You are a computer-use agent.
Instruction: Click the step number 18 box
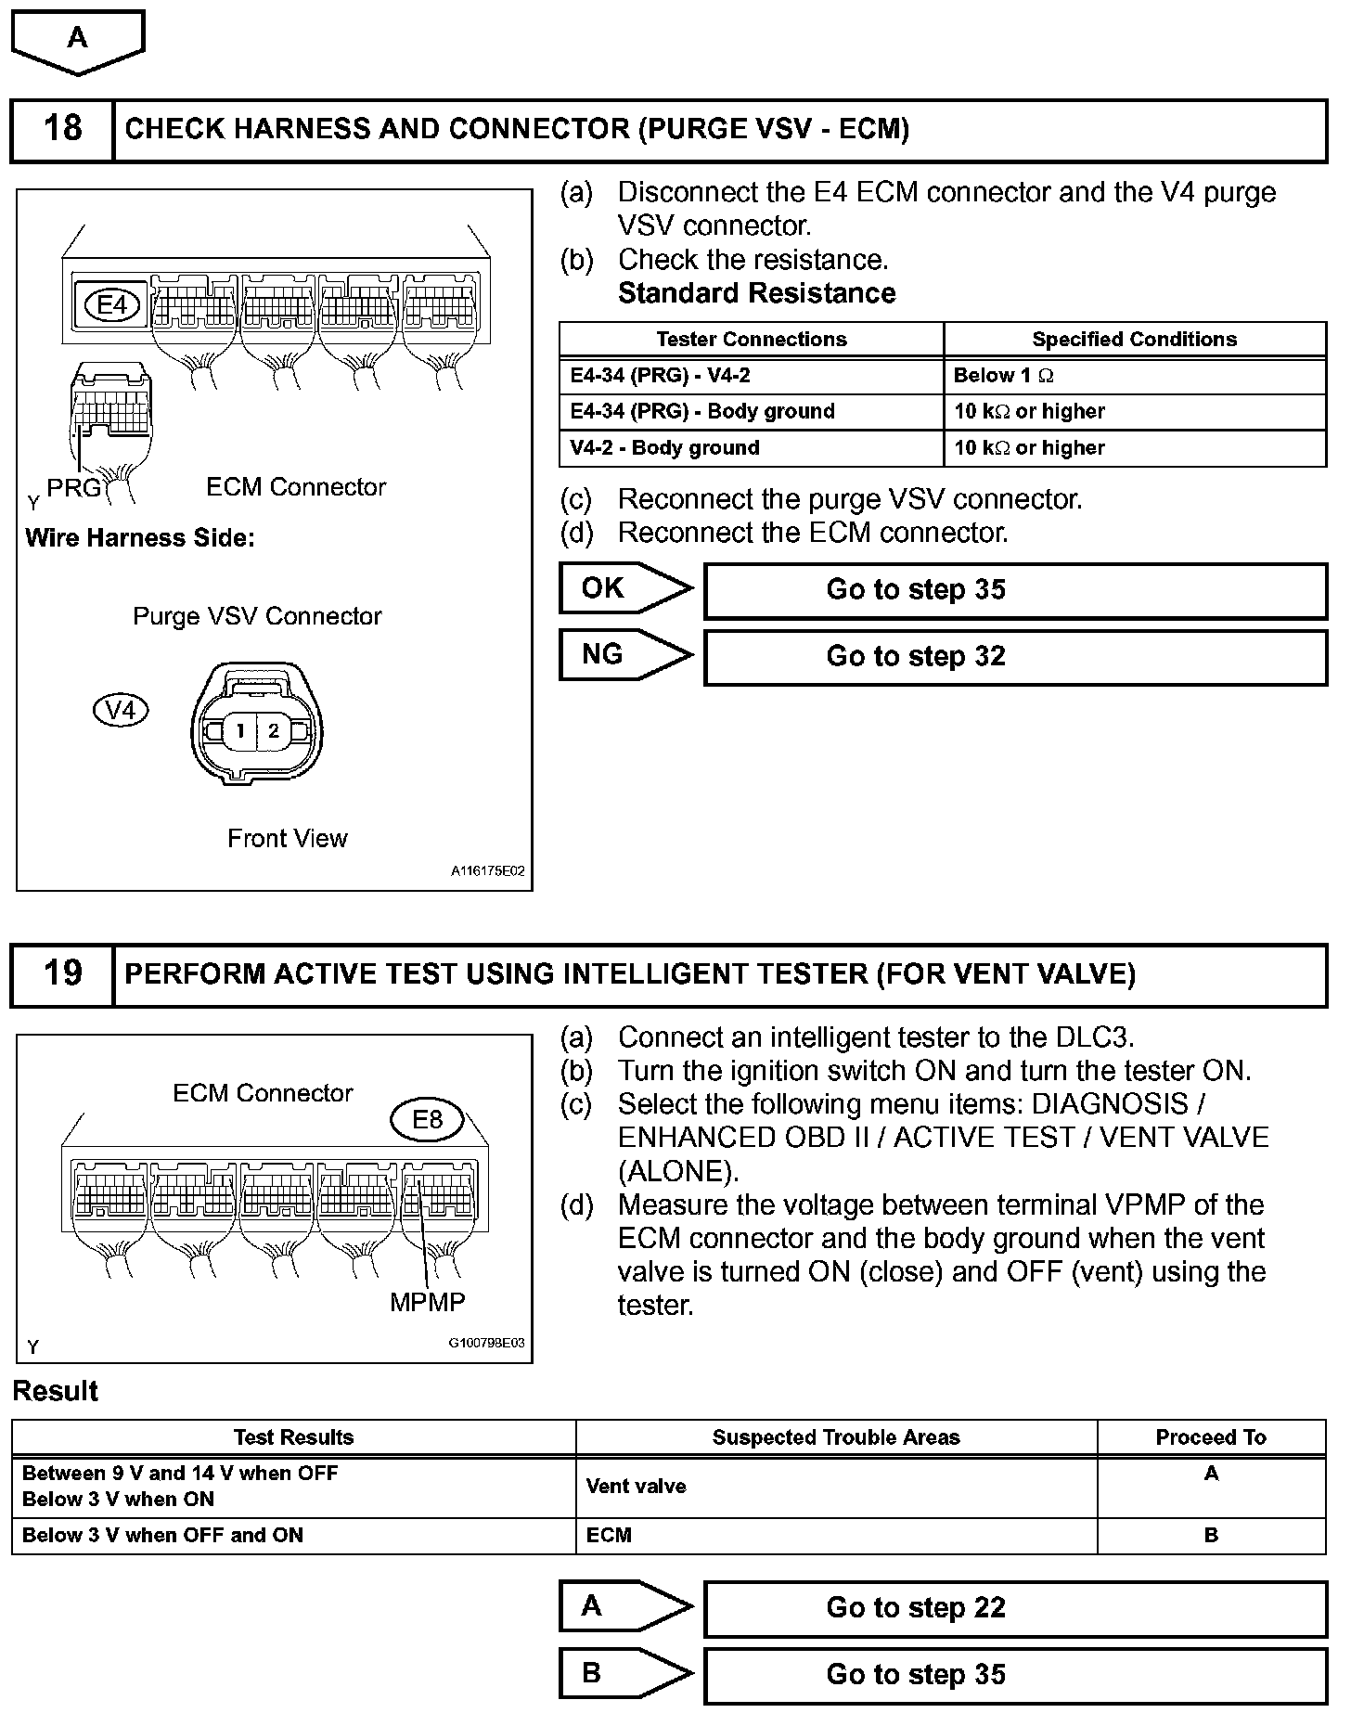[62, 129]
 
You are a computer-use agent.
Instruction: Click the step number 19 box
[62, 973]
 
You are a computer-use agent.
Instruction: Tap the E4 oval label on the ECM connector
[111, 304]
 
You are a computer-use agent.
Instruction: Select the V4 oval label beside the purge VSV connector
[122, 711]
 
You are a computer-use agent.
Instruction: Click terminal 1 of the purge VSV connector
[240, 731]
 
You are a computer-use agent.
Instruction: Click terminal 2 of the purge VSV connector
[273, 731]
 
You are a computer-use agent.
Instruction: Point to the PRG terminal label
[73, 487]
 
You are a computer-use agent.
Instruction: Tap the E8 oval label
[427, 1120]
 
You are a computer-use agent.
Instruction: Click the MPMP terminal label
[427, 1302]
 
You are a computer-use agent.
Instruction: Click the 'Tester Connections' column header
[752, 340]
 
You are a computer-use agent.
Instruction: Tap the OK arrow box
[624, 588]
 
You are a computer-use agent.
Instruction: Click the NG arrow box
[624, 655]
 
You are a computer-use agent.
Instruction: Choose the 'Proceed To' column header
[1211, 1437]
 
